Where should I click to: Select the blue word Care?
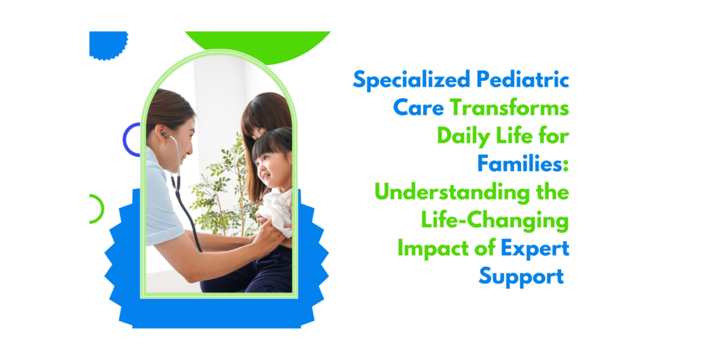[x=418, y=108]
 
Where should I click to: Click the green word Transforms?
[x=509, y=108]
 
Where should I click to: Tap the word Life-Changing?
[x=495, y=220]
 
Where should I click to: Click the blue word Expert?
[x=535, y=248]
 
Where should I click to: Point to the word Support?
[x=521, y=276]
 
